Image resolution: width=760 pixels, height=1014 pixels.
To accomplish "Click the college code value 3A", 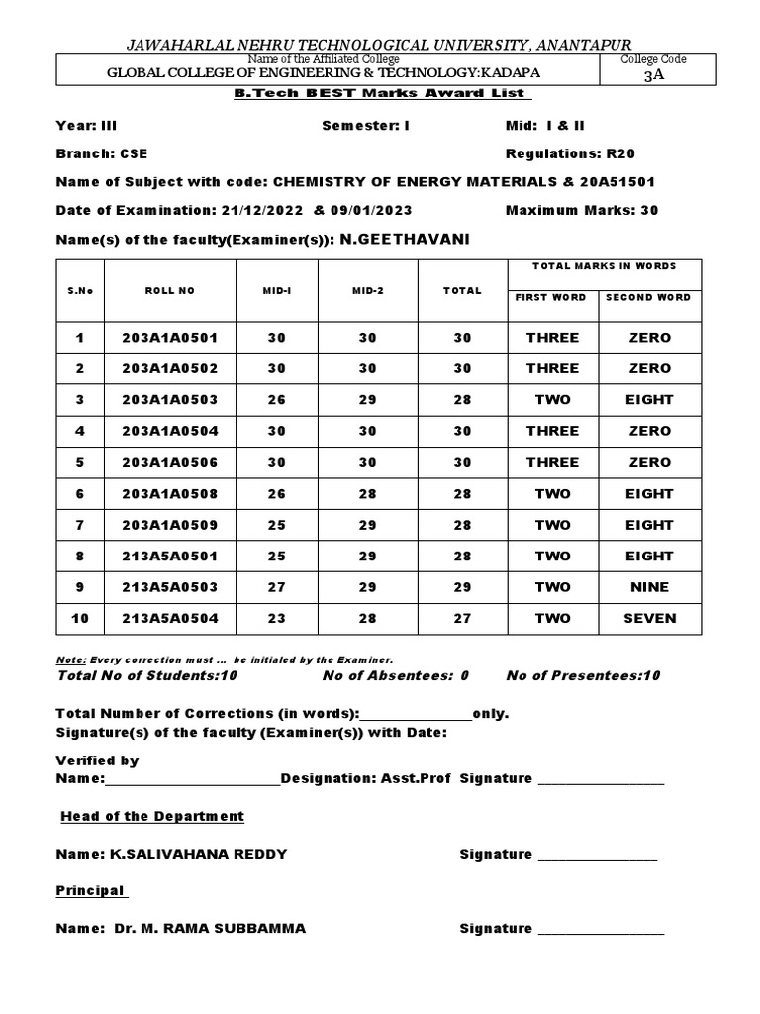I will pyautogui.click(x=653, y=75).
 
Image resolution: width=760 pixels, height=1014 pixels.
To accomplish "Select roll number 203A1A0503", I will pyautogui.click(x=169, y=400).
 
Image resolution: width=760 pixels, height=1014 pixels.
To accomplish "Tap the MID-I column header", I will pyautogui.click(x=276, y=291).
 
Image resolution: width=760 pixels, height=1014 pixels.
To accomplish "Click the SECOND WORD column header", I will pyautogui.click(x=649, y=298).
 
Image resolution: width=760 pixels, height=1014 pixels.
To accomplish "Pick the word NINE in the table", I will pyautogui.click(x=649, y=587).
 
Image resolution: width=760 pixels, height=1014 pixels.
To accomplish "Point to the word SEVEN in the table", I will pyautogui.click(x=649, y=618).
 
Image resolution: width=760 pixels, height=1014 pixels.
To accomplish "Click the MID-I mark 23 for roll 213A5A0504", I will pyautogui.click(x=276, y=618).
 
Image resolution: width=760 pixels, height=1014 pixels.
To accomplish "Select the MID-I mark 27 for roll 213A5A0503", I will pyautogui.click(x=276, y=587).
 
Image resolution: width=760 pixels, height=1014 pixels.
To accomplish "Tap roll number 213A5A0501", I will pyautogui.click(x=169, y=556).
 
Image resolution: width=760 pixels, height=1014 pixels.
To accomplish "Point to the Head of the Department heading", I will pyautogui.click(x=152, y=817).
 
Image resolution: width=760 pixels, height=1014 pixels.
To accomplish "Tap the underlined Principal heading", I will pyautogui.click(x=90, y=891).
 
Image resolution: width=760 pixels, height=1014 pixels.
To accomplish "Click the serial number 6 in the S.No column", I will pyautogui.click(x=81, y=493).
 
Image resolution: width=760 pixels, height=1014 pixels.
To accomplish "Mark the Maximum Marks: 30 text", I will pyautogui.click(x=582, y=210).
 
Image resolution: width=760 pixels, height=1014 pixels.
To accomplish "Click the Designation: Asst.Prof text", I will pyautogui.click(x=365, y=779).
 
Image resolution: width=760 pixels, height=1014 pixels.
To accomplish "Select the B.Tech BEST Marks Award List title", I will pyautogui.click(x=380, y=94).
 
